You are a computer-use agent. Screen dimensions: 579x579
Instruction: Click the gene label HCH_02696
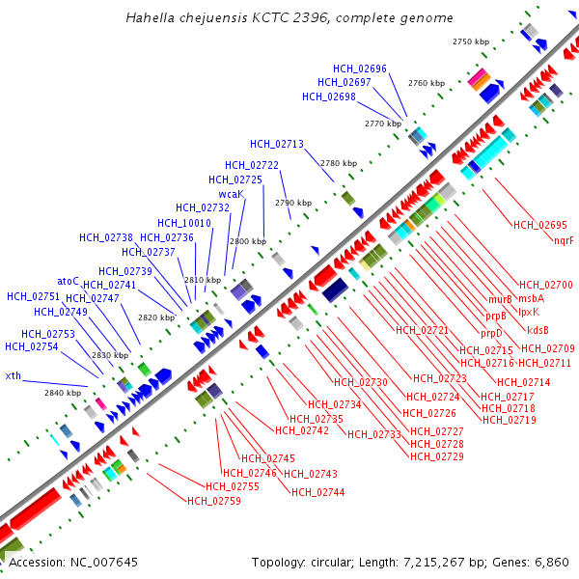pyautogui.click(x=360, y=69)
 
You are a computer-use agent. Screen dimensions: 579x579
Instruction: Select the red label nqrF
pyautogui.click(x=564, y=240)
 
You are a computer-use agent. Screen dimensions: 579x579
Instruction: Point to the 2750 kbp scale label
pyautogui.click(x=472, y=41)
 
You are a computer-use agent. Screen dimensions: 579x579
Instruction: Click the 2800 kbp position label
pyautogui.click(x=246, y=240)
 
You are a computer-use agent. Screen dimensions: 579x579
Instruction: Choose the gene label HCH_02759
pyautogui.click(x=214, y=501)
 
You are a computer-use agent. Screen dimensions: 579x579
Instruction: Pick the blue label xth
pyautogui.click(x=13, y=375)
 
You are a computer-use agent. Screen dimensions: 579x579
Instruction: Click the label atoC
pyautogui.click(x=68, y=281)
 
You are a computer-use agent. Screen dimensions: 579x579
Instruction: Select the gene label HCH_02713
pyautogui.click(x=277, y=144)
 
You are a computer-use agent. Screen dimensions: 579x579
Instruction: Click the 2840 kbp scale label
pyautogui.click(x=63, y=393)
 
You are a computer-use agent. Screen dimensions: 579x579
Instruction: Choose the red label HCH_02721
pyautogui.click(x=423, y=330)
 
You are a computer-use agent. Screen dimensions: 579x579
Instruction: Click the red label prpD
pyautogui.click(x=492, y=333)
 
